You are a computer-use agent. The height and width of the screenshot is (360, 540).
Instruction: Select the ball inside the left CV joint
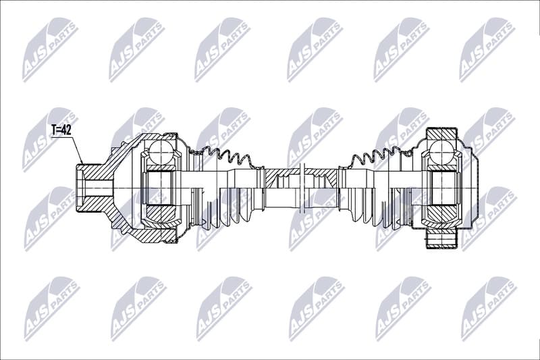click(x=160, y=151)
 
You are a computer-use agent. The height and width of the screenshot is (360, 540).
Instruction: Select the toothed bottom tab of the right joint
click(x=441, y=240)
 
